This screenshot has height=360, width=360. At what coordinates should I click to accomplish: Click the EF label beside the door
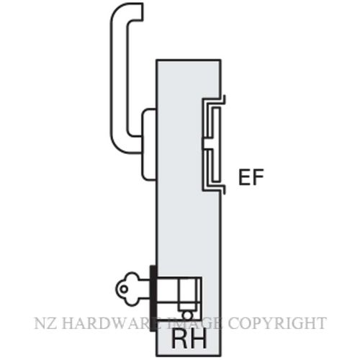tap(251, 177)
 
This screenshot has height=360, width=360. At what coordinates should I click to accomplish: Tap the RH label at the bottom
tap(189, 340)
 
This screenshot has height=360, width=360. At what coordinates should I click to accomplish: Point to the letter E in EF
tap(244, 177)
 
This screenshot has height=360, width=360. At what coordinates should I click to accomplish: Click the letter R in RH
tap(179, 340)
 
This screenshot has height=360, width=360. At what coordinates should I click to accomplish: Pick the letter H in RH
tap(199, 340)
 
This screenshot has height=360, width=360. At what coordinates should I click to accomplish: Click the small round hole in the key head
tap(124, 289)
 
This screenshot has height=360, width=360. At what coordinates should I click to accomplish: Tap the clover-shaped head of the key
tap(127, 289)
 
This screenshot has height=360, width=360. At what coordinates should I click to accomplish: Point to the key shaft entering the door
tap(145, 289)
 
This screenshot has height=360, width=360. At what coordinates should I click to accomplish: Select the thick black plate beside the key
tap(153, 298)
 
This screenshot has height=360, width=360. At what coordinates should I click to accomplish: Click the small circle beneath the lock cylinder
tap(187, 315)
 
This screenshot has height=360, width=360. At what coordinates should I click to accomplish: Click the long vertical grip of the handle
tap(118, 79)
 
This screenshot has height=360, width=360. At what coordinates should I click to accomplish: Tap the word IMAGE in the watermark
tap(194, 323)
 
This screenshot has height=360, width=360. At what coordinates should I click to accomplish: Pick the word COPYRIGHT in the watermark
tap(276, 323)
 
